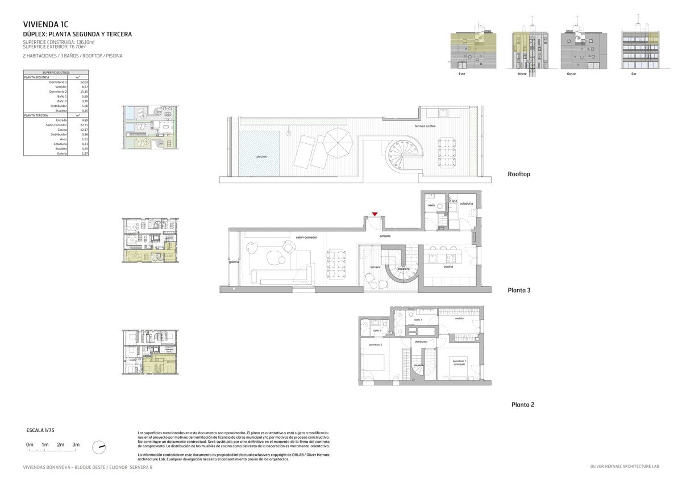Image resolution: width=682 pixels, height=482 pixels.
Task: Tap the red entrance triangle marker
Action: pyautogui.click(x=375, y=214)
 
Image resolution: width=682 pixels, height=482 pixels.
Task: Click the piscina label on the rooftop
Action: pyautogui.click(x=261, y=156)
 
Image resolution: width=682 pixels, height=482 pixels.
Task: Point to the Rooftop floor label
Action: pyautogui.click(x=518, y=174)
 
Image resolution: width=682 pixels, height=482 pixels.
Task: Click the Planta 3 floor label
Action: pyautogui.click(x=518, y=290)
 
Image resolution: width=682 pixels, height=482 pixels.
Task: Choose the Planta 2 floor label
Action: pyautogui.click(x=522, y=405)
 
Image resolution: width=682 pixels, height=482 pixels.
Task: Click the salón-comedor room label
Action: pyautogui.click(x=306, y=237)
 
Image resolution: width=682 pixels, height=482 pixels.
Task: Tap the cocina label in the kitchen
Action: pyautogui.click(x=448, y=267)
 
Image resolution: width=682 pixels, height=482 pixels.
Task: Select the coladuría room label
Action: pyautogui.click(x=467, y=203)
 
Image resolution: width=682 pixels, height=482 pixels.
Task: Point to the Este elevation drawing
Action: pyautogui.click(x=473, y=51)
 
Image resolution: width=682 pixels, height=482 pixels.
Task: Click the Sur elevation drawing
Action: pyautogui.click(x=641, y=51)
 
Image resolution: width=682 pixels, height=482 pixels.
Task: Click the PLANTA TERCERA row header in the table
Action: pyautogui.click(x=35, y=115)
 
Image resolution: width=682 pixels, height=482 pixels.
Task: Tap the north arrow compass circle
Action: pyautogui.click(x=99, y=447)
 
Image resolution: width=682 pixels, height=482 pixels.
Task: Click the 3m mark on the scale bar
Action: pyautogui.click(x=76, y=444)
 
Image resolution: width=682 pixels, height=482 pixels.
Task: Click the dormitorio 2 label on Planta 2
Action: pyautogui.click(x=375, y=345)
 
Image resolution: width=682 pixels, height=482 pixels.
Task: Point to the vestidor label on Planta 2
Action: pyautogui.click(x=459, y=318)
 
